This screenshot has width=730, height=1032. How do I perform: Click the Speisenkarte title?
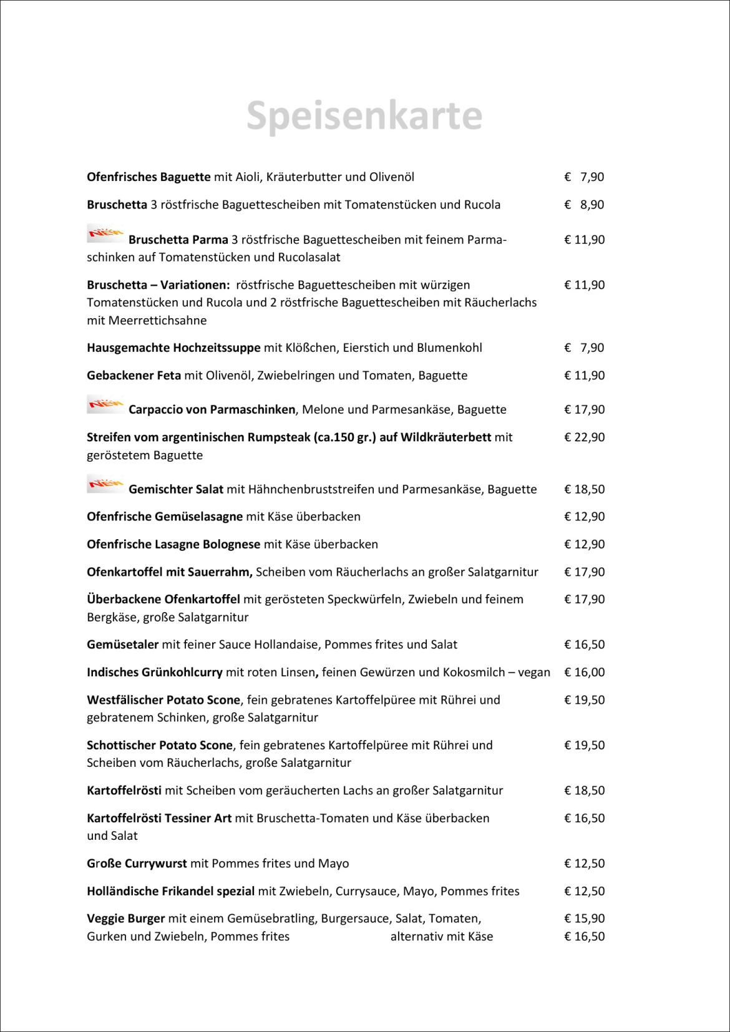click(364, 116)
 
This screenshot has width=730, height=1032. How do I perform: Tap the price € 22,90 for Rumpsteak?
click(584, 437)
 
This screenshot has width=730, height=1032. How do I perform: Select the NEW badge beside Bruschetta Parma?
click(105, 233)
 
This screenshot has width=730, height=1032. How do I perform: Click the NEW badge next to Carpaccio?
click(105, 404)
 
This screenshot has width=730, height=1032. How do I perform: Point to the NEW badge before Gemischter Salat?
click(105, 484)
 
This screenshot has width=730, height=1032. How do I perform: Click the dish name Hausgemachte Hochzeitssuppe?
click(173, 348)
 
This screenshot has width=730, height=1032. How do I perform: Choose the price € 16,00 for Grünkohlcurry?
click(584, 673)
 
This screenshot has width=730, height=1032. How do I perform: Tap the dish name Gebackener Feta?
click(134, 376)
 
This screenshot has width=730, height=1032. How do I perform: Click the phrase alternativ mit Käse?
click(442, 937)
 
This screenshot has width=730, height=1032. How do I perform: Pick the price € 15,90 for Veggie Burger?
click(584, 918)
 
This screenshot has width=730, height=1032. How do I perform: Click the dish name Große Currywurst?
click(137, 864)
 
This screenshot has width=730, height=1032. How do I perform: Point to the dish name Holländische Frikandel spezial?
click(170, 891)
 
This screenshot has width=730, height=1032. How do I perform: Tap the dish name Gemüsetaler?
click(123, 645)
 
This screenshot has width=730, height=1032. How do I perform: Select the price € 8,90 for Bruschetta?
click(584, 205)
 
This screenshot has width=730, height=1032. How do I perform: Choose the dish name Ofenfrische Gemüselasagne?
click(165, 517)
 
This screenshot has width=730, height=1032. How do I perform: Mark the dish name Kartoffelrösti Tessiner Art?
click(159, 818)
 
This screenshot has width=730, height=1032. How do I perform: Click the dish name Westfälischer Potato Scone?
click(163, 700)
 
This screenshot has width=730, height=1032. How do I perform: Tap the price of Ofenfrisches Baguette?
click(584, 177)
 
